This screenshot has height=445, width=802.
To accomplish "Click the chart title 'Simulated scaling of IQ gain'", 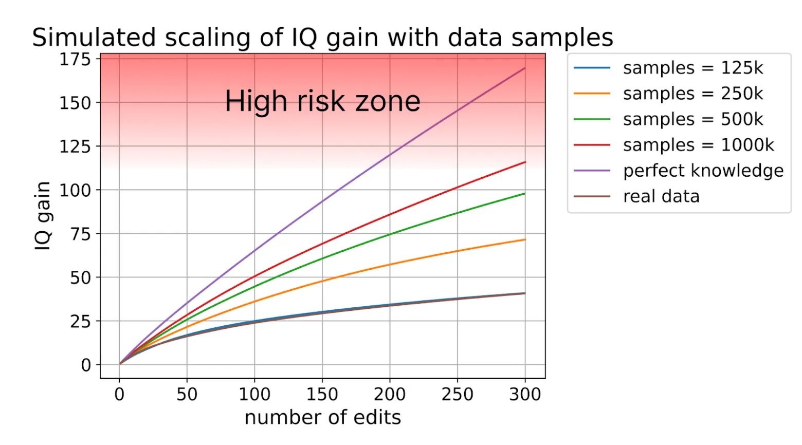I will click(322, 38).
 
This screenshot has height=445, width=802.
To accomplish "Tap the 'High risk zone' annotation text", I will click(322, 101).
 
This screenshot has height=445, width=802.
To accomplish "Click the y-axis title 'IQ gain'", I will click(43, 216).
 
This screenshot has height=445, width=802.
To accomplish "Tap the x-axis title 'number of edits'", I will click(322, 417).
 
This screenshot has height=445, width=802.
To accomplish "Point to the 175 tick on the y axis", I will click(75, 59).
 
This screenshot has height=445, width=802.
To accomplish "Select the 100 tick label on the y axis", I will click(75, 190).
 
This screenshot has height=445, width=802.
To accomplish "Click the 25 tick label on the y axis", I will click(80, 321).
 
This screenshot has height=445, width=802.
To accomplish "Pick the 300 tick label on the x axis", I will click(525, 394).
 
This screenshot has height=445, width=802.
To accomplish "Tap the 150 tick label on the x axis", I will click(322, 394).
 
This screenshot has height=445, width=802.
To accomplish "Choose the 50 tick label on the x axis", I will click(187, 394).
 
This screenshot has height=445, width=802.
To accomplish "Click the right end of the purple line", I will click(525, 68).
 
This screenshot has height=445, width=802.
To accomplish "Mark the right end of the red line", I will click(525, 162).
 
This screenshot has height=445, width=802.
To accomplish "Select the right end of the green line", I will click(525, 194).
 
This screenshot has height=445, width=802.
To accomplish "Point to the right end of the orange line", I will click(525, 239).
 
